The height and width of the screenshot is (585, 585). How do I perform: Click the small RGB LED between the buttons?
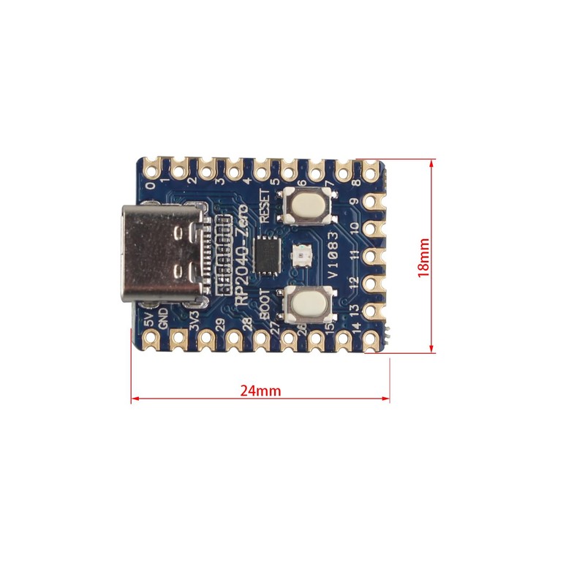pos(301,254)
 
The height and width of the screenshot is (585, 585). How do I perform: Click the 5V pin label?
pos(149,320)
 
